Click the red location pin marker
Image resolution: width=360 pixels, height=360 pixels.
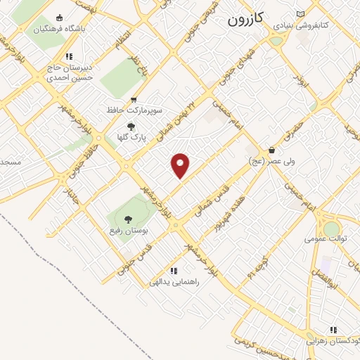pos(181,165)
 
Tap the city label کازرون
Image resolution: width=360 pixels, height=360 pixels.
pos(245,20)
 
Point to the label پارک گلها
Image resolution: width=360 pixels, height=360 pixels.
pos(131,138)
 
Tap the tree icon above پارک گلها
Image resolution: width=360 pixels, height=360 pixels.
pos(131,127)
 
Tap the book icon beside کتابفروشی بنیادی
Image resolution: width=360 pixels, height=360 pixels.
pos(301,14)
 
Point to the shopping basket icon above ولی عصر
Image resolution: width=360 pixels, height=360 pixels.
pos(271,150)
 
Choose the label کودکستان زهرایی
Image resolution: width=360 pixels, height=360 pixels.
pos(333,341)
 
